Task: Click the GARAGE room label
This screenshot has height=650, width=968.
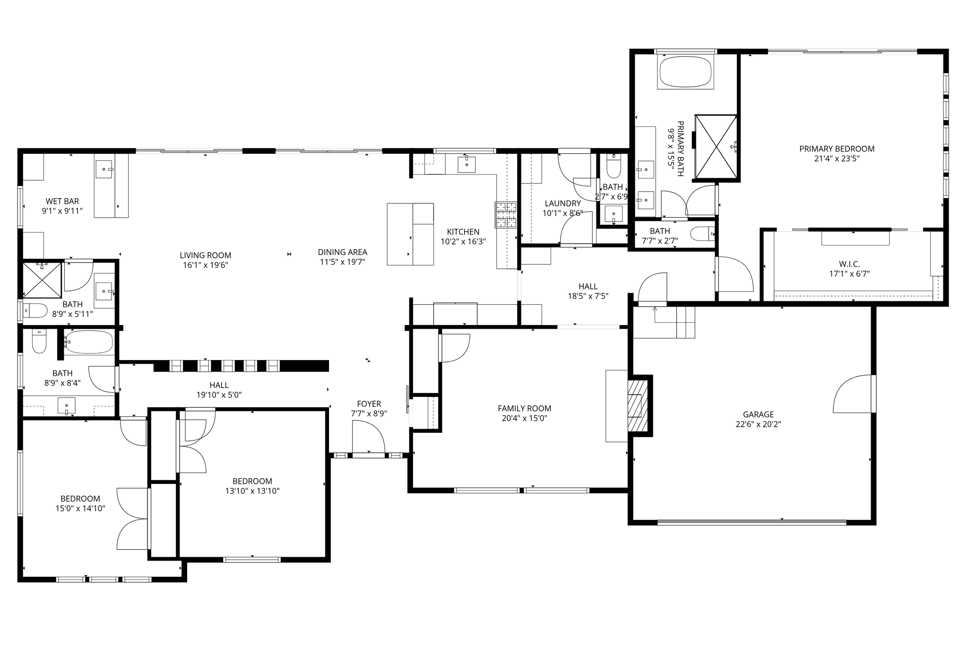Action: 758,414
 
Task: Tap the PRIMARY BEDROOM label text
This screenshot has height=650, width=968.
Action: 837,149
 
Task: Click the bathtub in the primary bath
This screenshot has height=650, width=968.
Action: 685,72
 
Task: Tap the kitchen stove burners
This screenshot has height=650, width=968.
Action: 507,215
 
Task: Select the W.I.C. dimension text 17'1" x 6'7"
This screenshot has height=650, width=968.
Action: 849,273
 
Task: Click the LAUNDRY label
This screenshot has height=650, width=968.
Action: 562,203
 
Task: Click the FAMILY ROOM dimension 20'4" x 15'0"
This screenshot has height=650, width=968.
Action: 525,418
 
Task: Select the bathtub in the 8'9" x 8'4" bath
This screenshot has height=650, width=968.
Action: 89,342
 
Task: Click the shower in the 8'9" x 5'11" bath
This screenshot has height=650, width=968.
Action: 43,281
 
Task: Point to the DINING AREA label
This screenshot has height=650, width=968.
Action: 342,252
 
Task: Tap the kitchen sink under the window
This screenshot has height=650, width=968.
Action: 467,164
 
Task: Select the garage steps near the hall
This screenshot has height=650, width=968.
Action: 685,322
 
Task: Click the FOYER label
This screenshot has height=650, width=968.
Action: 369,404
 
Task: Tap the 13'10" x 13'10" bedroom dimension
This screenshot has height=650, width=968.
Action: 252,491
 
